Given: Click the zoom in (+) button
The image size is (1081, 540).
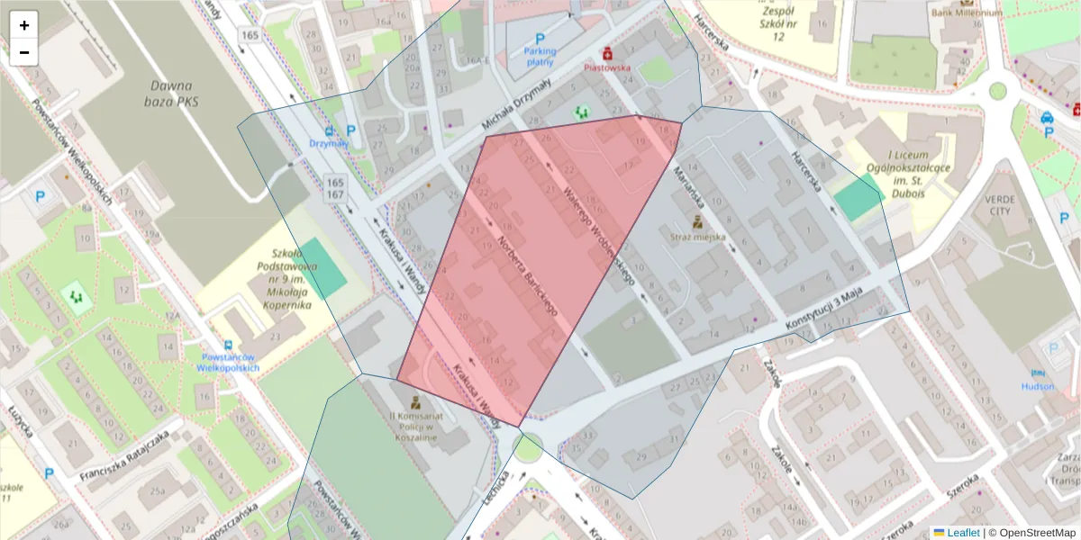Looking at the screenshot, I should click(24, 25).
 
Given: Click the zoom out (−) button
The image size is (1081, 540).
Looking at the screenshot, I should click(24, 52).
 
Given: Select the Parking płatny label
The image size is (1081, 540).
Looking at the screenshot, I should click(540, 57).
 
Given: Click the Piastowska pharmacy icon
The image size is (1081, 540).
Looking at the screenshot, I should click(608, 53).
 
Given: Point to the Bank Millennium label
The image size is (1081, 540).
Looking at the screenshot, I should click(967, 13).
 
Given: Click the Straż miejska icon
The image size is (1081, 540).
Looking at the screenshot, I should click(696, 220).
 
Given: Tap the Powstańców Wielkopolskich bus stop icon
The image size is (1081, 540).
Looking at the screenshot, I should click(229, 345).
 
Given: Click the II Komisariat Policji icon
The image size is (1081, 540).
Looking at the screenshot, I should click(414, 402).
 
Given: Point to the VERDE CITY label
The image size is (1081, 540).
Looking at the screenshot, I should click(999, 205).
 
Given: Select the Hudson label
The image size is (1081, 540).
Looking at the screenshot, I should click(1037, 386).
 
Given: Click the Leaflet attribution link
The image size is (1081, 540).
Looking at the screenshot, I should click(962, 533).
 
